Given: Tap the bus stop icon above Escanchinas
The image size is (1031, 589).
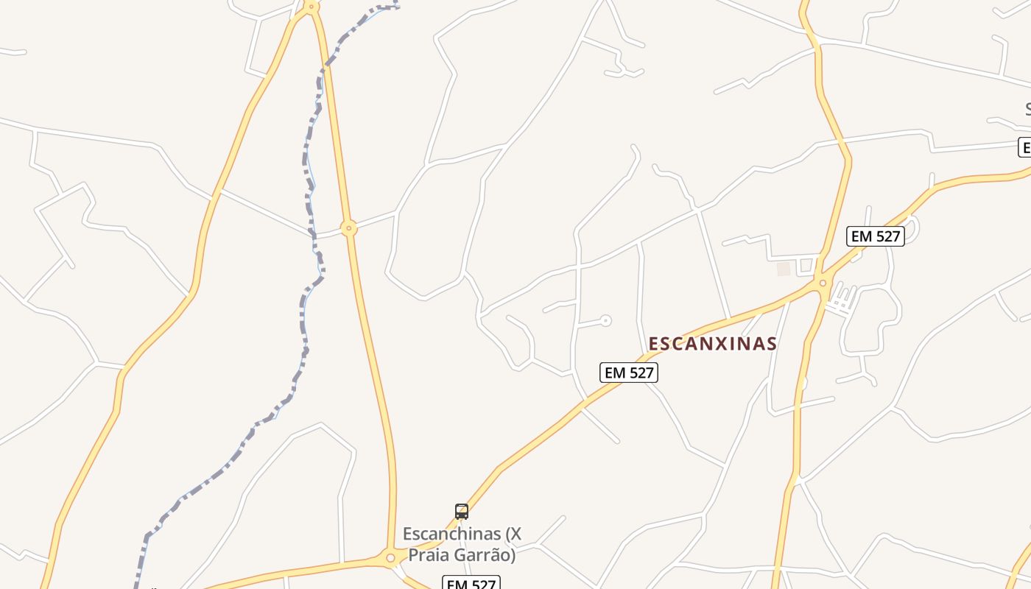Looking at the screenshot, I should (462, 512).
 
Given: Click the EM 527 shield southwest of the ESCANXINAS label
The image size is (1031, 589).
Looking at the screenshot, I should (629, 373).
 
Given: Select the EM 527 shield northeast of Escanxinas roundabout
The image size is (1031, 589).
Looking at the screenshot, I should (875, 236).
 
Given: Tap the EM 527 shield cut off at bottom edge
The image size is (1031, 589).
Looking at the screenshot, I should (471, 583).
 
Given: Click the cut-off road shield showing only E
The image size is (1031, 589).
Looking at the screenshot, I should (1024, 147).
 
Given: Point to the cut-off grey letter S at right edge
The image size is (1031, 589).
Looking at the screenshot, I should (1027, 110).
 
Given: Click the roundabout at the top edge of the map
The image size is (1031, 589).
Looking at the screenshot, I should (312, 7).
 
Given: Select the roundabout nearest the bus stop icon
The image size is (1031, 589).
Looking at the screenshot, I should (390, 558).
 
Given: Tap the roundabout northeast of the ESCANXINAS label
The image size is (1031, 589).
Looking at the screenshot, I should (823, 283).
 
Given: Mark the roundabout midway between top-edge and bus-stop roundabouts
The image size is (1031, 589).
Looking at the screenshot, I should (349, 228).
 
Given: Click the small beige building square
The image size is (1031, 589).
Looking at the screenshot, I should (784, 269).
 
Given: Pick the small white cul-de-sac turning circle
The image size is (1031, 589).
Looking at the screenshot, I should (605, 320).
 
